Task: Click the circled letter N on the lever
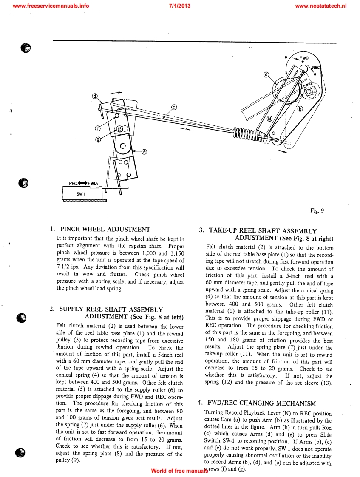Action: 269,119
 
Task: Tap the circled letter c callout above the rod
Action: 174,107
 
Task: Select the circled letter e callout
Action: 144,151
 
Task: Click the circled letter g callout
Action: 98,139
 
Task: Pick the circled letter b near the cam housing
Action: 300,109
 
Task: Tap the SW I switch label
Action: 79,193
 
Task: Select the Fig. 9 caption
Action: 317,210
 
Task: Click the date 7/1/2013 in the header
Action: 179,6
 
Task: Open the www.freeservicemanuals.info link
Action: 51,6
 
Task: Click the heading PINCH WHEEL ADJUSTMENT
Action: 105,230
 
